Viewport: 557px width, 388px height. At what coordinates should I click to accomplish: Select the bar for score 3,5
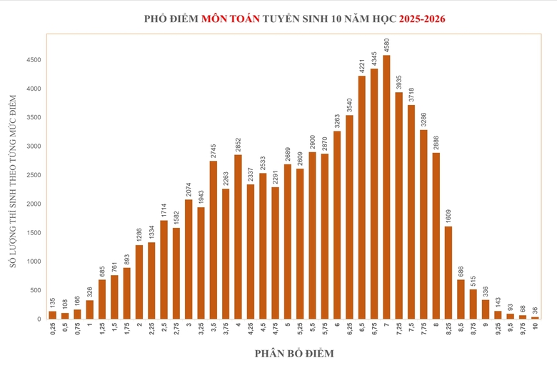point(213,240)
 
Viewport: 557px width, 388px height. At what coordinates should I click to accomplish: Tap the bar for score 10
point(536,317)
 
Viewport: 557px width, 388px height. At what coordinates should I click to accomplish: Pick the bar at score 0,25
point(52,315)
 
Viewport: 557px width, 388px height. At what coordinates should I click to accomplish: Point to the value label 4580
point(386,44)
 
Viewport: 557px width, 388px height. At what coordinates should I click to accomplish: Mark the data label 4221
point(362,64)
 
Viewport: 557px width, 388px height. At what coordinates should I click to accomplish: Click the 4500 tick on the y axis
point(34,60)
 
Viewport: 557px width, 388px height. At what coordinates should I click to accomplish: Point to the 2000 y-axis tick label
point(34,204)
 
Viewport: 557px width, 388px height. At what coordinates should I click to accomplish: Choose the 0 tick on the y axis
point(40,319)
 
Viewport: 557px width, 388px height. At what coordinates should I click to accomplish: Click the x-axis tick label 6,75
point(374,329)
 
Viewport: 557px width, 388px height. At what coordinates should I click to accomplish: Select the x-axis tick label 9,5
point(511,328)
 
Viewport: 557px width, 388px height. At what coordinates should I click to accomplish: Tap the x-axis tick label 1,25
point(101,329)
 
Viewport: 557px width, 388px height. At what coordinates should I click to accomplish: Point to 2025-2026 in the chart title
point(415,19)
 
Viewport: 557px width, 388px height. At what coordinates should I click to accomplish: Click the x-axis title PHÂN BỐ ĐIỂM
point(293,353)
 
